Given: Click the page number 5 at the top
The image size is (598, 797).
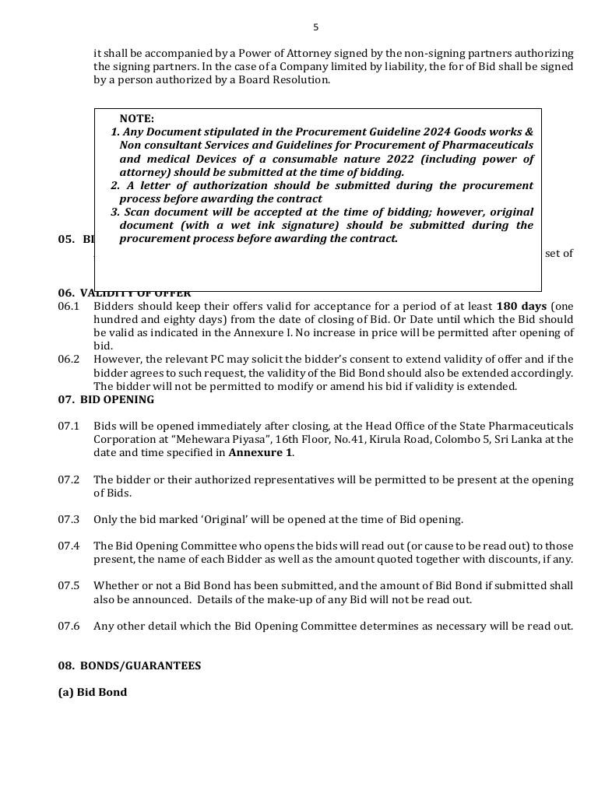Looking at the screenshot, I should tap(315, 27).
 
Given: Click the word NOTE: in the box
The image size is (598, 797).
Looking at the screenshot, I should tap(137, 119).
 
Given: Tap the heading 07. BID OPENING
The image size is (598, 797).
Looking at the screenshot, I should tap(106, 399).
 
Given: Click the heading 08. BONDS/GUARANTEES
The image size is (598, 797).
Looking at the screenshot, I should tap(129, 665).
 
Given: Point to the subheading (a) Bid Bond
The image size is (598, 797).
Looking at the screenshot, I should tap(92, 692).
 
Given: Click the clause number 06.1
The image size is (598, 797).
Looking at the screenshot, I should tap(69, 306).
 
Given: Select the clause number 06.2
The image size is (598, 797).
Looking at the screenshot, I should tap(69, 359).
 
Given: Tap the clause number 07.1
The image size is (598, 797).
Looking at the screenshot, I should tap(69, 426).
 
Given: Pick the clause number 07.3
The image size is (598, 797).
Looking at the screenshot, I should tap(69, 519).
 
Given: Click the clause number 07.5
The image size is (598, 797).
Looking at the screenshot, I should tap(69, 585).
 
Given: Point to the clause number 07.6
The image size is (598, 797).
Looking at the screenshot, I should tap(69, 626).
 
